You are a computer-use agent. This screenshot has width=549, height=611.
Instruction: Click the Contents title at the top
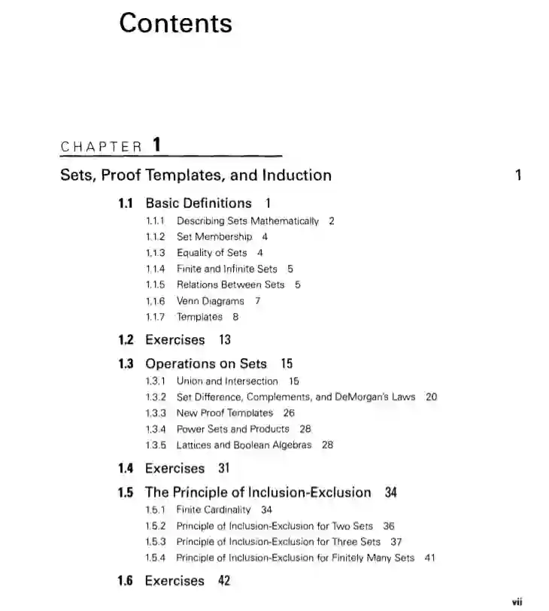click(175, 23)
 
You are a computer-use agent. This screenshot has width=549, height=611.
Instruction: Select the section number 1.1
click(126, 203)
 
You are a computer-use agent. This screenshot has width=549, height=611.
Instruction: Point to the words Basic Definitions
click(199, 203)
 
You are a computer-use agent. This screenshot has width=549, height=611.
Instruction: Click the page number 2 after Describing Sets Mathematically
click(332, 221)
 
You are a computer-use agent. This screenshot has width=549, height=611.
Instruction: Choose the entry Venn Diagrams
click(211, 300)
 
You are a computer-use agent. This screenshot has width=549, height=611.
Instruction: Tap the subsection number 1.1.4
click(156, 269)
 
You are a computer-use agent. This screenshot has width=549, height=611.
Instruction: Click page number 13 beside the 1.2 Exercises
click(226, 340)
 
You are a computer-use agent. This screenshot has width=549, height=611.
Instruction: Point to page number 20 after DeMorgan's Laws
click(432, 397)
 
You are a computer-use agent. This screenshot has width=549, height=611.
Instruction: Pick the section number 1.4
click(126, 468)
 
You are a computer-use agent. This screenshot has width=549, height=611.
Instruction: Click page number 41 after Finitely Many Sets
click(430, 558)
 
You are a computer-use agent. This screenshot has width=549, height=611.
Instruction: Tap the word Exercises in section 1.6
click(174, 581)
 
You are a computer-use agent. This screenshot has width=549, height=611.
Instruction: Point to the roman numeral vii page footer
click(517, 602)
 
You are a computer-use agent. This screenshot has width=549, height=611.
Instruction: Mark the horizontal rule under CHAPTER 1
click(171, 156)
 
